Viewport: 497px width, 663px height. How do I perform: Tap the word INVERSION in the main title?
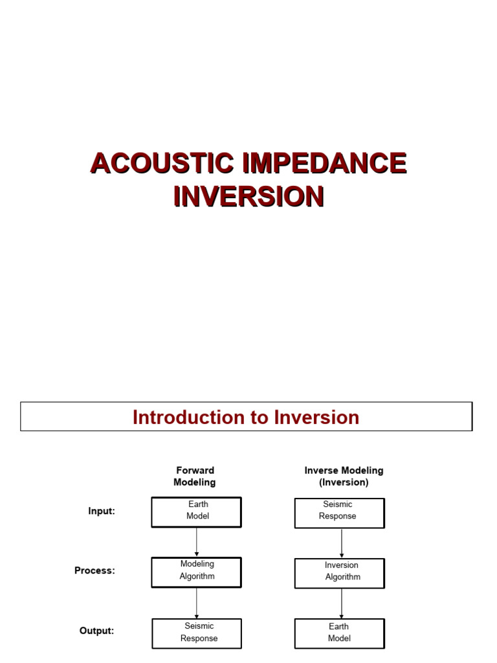248,196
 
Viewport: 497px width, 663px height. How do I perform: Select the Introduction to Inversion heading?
246,417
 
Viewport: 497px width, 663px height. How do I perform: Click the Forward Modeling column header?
195,477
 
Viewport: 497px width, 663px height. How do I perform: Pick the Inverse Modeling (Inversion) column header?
344,477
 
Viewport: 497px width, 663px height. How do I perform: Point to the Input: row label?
102,511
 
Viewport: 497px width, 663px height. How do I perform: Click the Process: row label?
94,571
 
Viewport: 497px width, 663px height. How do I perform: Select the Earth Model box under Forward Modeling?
197,511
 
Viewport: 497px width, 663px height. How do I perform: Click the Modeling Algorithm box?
197,572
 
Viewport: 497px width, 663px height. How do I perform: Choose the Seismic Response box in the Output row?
197,633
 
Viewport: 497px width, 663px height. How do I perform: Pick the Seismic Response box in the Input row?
339,512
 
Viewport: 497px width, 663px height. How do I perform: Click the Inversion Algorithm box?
340,572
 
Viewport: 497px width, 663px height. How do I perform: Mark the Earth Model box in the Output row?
340,633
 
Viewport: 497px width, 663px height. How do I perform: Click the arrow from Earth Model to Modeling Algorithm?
197,542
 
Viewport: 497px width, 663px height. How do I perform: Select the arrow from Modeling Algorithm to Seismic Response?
197,603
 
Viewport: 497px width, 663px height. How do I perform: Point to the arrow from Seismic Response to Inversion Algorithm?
342,543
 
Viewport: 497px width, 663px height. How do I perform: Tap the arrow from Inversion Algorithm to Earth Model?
342,603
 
